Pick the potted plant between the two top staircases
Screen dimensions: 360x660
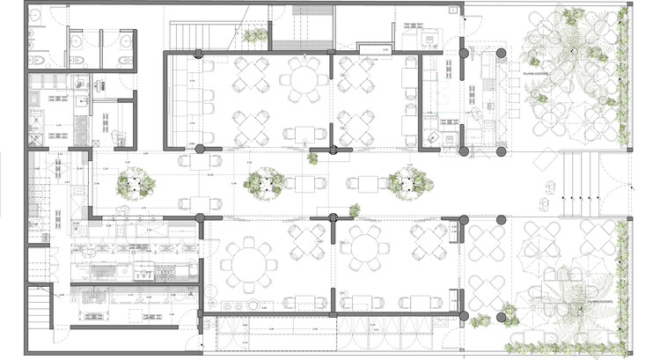click(256, 37)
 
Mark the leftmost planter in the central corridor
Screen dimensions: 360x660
click(135, 184)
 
